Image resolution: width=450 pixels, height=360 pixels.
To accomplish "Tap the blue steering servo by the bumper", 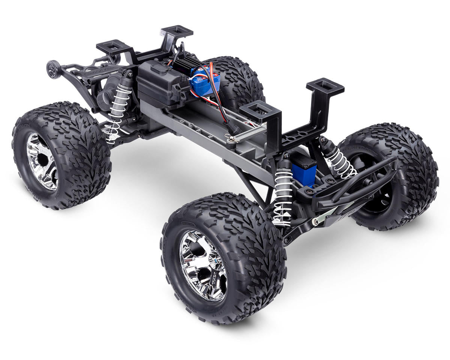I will (304, 168).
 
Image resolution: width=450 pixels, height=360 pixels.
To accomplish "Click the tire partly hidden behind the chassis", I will (236, 79).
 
